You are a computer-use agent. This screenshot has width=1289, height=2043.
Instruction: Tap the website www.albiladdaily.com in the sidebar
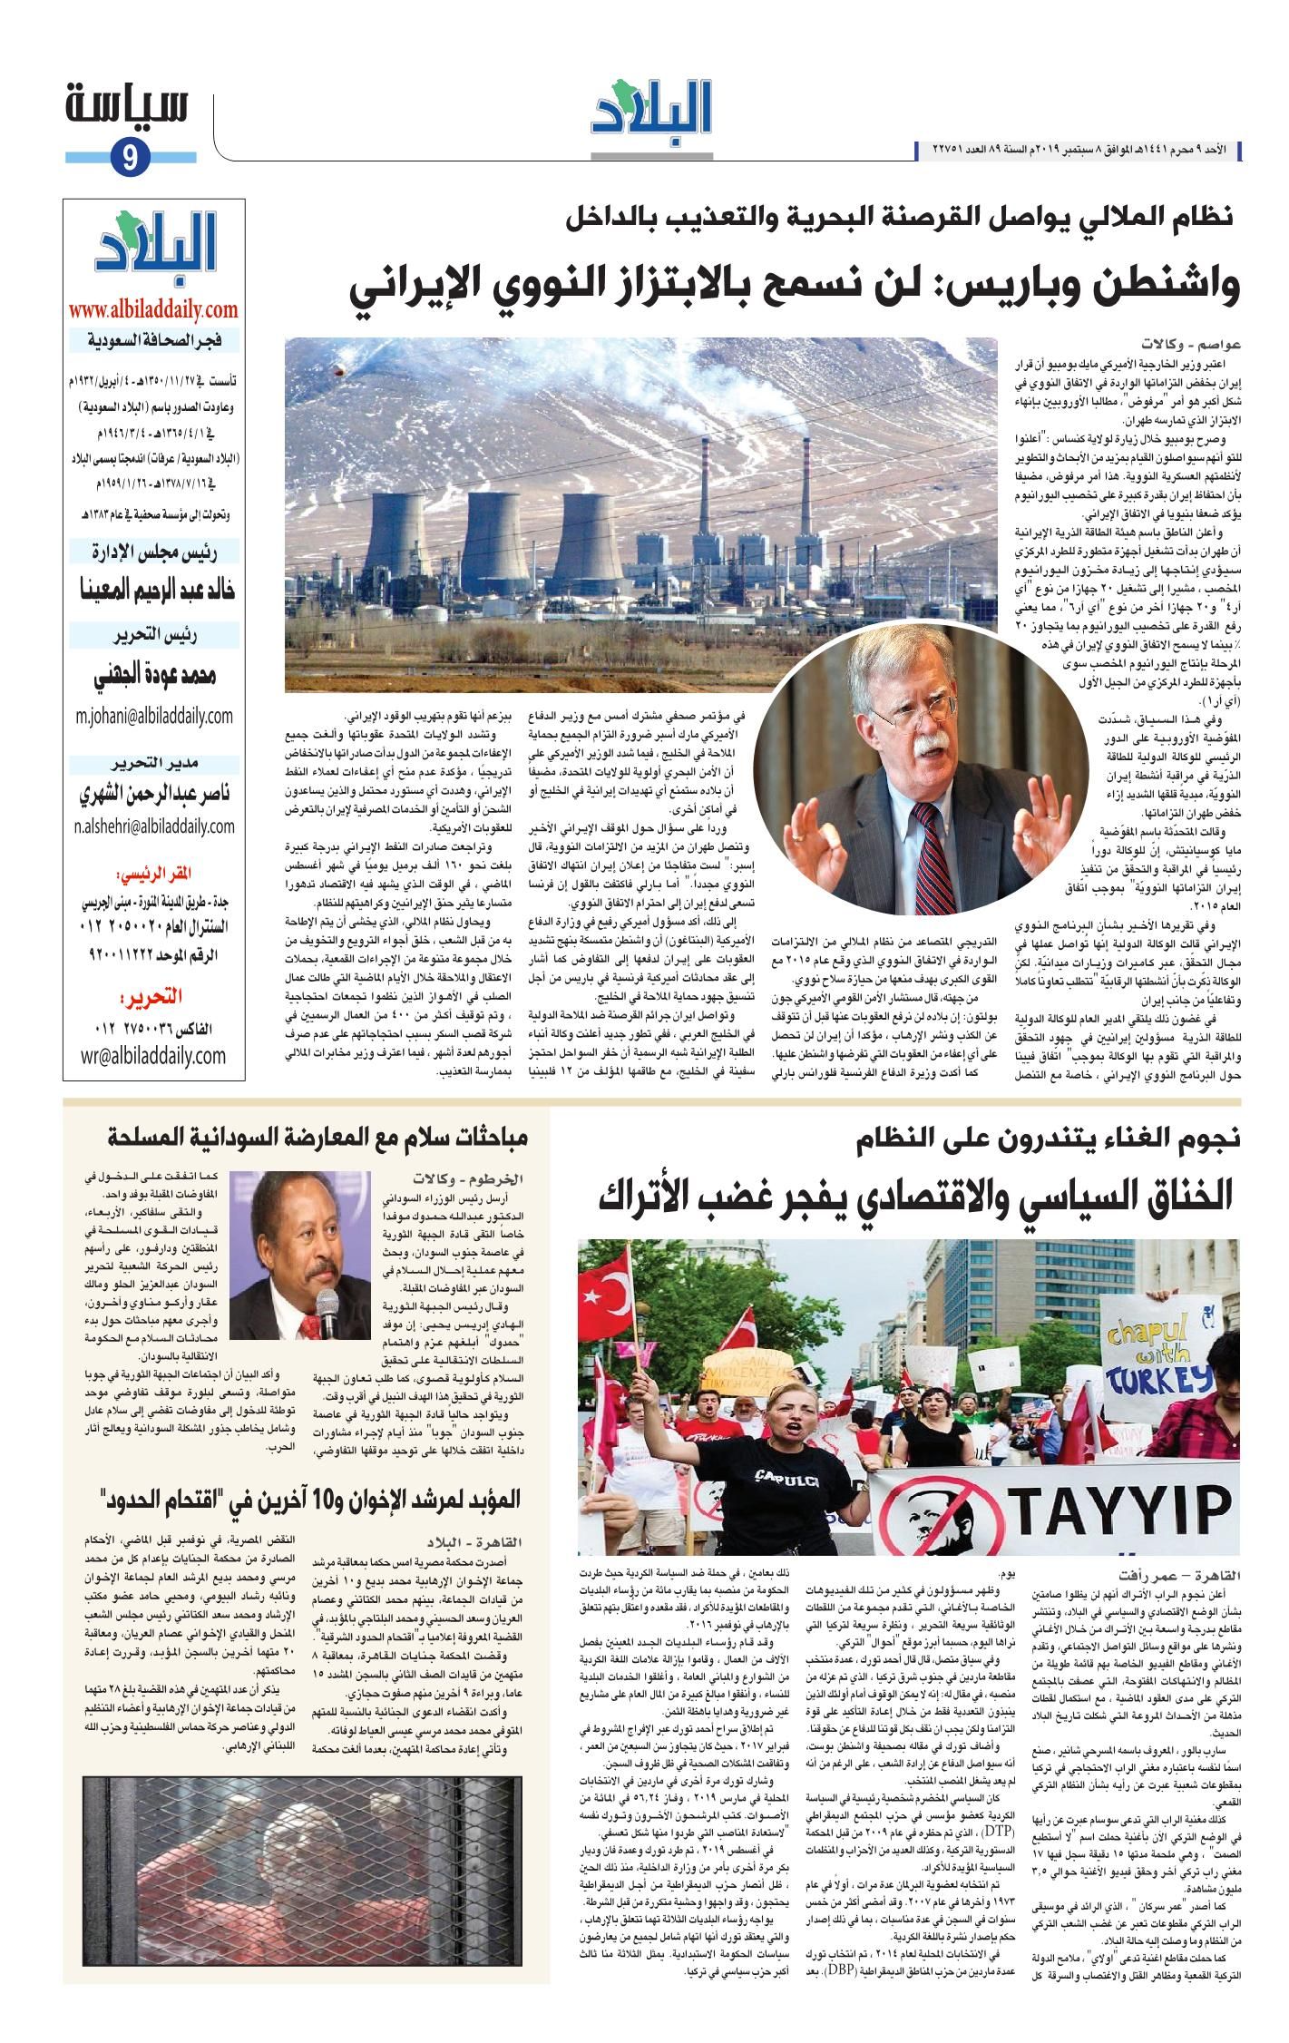[151, 309]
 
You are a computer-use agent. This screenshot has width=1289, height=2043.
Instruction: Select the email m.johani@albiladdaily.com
[154, 715]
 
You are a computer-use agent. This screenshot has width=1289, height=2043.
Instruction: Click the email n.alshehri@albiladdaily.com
[154, 826]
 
